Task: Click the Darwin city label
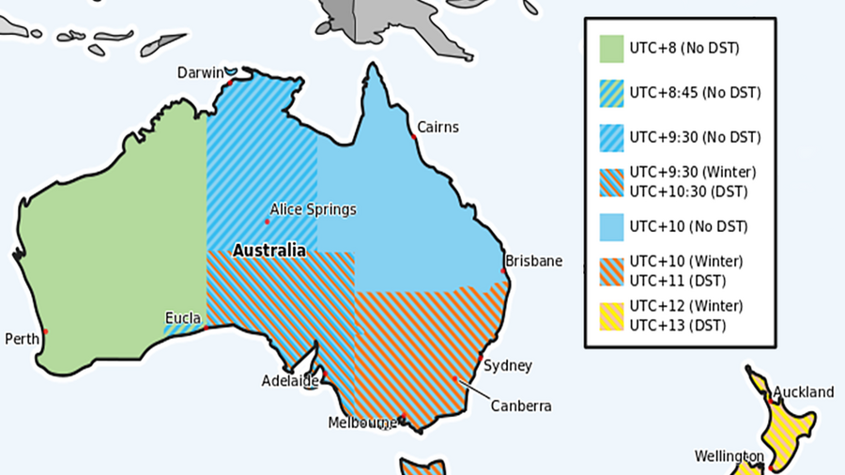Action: pyautogui.click(x=202, y=73)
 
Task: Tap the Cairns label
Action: pyautogui.click(x=438, y=127)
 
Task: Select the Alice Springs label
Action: pyautogui.click(x=313, y=209)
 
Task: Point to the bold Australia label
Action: pyautogui.click(x=269, y=251)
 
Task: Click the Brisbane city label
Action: pyautogui.click(x=533, y=261)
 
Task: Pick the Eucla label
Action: pyautogui.click(x=182, y=317)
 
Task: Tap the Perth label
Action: pyautogui.click(x=22, y=339)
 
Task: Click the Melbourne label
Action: pyautogui.click(x=362, y=423)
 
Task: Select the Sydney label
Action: pyautogui.click(x=508, y=365)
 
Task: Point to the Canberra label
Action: pyautogui.click(x=520, y=406)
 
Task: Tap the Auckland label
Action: pyautogui.click(x=803, y=391)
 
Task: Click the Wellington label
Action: pyautogui.click(x=728, y=456)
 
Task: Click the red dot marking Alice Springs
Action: pyautogui.click(x=267, y=222)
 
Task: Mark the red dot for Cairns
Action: pyautogui.click(x=413, y=137)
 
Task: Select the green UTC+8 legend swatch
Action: pyautogui.click(x=611, y=47)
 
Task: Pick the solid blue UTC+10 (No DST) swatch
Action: pyautogui.click(x=611, y=226)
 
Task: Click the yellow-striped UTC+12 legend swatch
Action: pyautogui.click(x=611, y=315)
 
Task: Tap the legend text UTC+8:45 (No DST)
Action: pyautogui.click(x=695, y=93)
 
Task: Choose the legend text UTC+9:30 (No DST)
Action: pyautogui.click(x=695, y=137)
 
